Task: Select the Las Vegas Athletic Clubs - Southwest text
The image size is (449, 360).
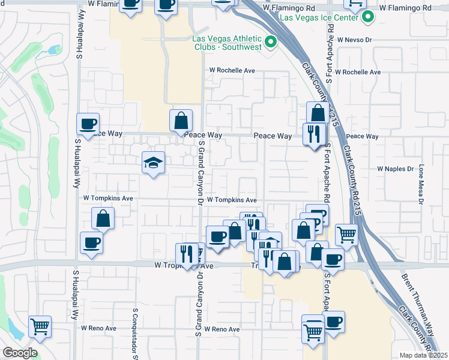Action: [x=226, y=42]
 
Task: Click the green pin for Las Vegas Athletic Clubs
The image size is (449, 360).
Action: [x=270, y=42]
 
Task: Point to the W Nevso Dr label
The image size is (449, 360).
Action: [x=355, y=40]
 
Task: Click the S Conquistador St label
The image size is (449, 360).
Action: [x=136, y=334]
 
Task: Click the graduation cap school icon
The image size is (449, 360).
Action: [x=154, y=162]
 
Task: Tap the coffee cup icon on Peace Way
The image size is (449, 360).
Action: [x=88, y=124]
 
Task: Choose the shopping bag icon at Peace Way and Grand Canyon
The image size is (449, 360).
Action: [x=181, y=121]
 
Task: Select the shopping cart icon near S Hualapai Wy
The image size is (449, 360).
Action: [x=40, y=327]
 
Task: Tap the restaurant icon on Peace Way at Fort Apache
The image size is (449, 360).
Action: [x=313, y=134]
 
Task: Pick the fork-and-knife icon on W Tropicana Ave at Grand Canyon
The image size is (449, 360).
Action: [x=187, y=254]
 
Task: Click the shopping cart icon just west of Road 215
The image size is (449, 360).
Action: [x=346, y=235]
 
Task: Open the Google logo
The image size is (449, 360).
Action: [x=20, y=353]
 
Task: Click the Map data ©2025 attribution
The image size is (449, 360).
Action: [x=424, y=355]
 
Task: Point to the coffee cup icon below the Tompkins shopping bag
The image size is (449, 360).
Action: [x=91, y=243]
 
